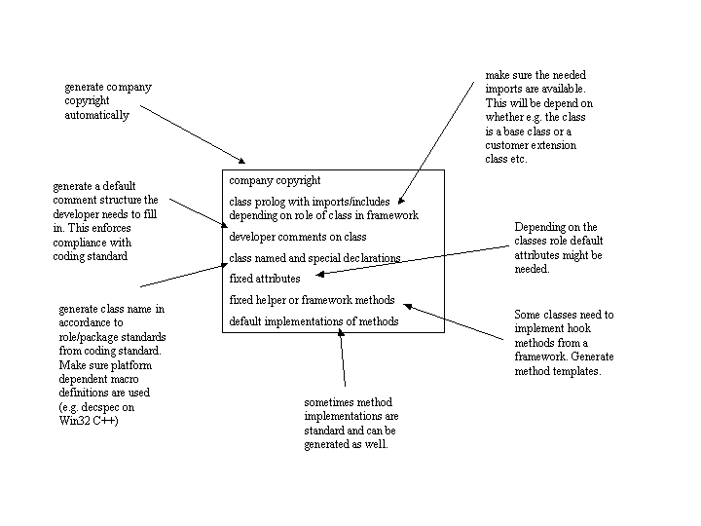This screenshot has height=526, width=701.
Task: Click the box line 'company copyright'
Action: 275,181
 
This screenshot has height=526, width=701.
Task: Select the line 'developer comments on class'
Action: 298,237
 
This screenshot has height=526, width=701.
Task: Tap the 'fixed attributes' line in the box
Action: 265,279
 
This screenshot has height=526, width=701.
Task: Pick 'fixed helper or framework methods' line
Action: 313,300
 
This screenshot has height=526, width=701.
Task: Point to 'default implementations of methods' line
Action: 314,321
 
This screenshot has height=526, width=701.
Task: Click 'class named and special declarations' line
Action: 314,258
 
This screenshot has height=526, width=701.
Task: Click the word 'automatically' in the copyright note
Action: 96,115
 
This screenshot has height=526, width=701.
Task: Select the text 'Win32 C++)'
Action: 89,421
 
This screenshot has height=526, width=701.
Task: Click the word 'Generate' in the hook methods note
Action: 592,357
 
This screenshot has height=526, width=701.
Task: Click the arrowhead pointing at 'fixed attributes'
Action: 319,274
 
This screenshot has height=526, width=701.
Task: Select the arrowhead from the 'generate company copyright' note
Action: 241,161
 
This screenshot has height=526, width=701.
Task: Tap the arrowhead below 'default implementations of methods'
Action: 341,333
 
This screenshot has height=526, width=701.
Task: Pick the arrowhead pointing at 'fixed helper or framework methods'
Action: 408,307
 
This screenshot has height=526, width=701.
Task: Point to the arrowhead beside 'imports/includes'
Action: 400,201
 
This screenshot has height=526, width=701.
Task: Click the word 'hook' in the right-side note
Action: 579,329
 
